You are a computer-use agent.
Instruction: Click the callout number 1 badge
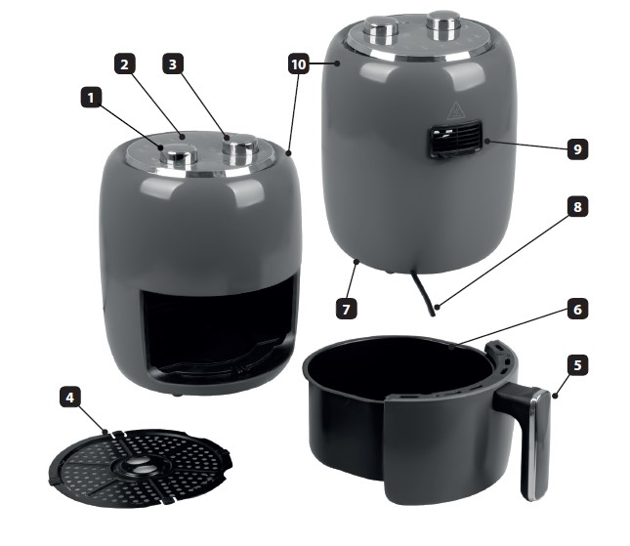tap(92, 98)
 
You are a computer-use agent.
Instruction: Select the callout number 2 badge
tap(125, 63)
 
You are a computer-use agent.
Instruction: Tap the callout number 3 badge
tap(173, 63)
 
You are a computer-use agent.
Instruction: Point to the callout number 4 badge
tap(70, 398)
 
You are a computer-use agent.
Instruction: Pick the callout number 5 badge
tap(577, 365)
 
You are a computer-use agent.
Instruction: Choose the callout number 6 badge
tap(577, 309)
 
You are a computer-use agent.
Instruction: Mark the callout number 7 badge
tap(347, 309)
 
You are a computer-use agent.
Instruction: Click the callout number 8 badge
tap(577, 206)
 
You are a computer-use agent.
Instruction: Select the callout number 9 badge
tap(577, 149)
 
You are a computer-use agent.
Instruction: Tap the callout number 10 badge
tap(299, 63)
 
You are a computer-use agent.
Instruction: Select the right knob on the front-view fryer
tap(240, 149)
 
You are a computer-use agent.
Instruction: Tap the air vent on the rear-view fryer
tap(455, 139)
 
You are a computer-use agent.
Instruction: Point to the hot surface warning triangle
tap(455, 111)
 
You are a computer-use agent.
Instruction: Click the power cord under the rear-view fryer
tap(424, 294)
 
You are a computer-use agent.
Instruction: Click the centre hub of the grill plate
tap(138, 467)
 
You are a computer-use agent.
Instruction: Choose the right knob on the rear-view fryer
tap(443, 25)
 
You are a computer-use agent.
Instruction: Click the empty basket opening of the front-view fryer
tap(220, 333)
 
